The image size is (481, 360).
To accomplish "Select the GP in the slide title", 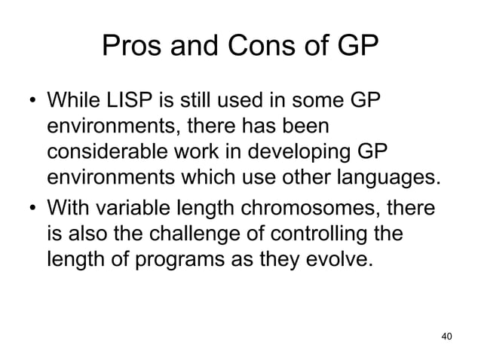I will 354,49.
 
